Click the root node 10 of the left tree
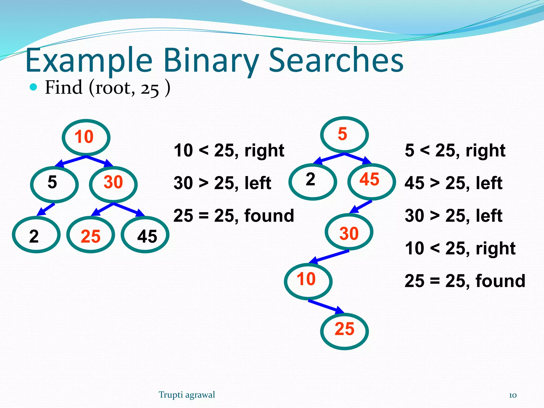[x=86, y=137]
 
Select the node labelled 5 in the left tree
[x=54, y=184]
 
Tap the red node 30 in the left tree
[x=113, y=184]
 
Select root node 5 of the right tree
[x=344, y=135]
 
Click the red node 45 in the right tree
[x=371, y=181]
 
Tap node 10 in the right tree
[x=308, y=281]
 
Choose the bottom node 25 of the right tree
[x=344, y=331]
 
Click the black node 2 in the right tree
[x=313, y=181]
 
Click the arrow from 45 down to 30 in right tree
[x=361, y=207]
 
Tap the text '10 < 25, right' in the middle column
[x=229, y=151]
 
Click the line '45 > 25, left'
[x=453, y=183]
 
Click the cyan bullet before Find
[x=33, y=87]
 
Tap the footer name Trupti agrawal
[x=187, y=395]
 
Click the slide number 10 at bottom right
[x=512, y=395]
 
